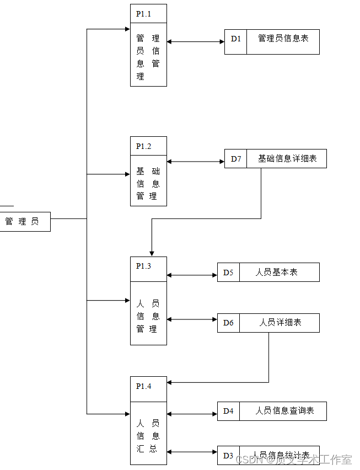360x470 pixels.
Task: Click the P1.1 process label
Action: point(144,14)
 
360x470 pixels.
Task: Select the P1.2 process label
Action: point(144,146)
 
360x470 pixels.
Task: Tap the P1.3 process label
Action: point(144,266)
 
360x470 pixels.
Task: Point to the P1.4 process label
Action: point(144,386)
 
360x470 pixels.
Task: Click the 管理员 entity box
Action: point(23,221)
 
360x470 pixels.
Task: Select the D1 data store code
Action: point(236,39)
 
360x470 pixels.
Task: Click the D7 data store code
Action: point(236,159)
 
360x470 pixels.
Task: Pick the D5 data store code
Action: point(228,273)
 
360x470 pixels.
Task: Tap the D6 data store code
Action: point(228,323)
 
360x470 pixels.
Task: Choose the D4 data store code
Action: point(228,411)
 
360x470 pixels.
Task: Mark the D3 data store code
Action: point(228,455)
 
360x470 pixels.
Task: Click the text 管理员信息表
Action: point(283,39)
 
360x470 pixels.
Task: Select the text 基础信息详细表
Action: point(287,159)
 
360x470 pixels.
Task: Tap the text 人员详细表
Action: point(280,323)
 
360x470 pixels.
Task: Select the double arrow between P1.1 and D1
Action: point(195,41)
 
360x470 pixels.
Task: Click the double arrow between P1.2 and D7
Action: point(195,162)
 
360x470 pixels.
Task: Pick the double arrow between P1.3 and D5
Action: point(192,275)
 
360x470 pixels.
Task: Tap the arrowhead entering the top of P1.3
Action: point(152,253)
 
